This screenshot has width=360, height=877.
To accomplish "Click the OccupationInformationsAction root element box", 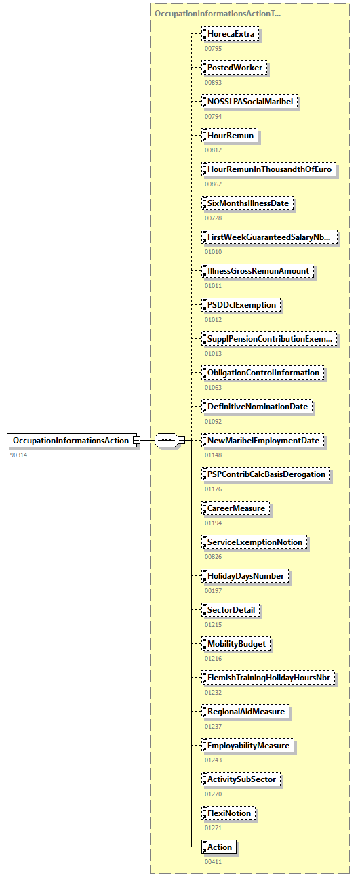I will click(71, 441).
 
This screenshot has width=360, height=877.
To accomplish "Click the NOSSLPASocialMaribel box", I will click(252, 102).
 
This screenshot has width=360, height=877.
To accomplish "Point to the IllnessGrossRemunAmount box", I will click(259, 271).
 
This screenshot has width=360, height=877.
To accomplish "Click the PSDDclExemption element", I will click(243, 305).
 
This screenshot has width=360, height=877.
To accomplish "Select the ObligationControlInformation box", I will click(264, 373).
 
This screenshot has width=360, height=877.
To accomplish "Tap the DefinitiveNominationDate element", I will click(258, 407).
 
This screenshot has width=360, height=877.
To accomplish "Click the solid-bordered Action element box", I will click(220, 847).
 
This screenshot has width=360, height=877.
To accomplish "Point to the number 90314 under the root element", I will click(20, 455).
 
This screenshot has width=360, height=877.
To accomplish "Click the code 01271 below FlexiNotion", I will click(214, 828).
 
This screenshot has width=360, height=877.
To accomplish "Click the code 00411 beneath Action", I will click(214, 861).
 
